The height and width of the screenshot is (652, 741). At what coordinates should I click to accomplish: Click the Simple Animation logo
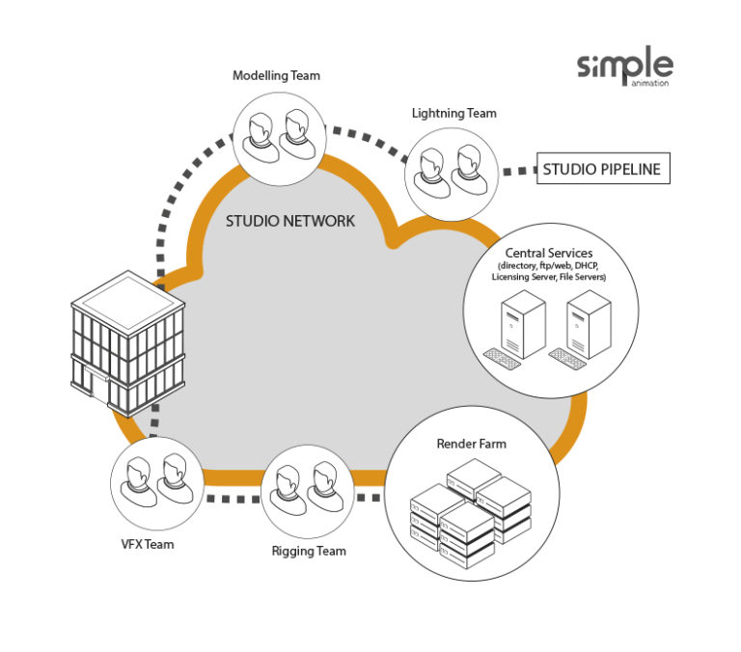pyautogui.click(x=625, y=67)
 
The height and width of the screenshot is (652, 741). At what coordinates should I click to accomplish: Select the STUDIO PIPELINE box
pyautogui.click(x=602, y=170)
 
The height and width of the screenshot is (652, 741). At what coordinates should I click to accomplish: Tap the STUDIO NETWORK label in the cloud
pyautogui.click(x=290, y=221)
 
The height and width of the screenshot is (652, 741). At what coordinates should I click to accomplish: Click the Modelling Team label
pyautogui.click(x=276, y=75)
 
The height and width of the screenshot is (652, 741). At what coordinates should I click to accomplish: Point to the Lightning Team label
pyautogui.click(x=453, y=113)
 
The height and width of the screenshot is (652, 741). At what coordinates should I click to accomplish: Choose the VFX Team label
pyautogui.click(x=149, y=544)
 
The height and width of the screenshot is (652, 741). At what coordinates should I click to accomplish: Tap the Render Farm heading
pyautogui.click(x=471, y=445)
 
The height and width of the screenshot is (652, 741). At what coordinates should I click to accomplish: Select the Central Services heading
pyautogui.click(x=549, y=254)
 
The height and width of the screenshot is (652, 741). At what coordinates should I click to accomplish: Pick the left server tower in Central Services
pyautogui.click(x=522, y=324)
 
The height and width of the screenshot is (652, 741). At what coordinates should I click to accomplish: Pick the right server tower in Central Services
pyautogui.click(x=588, y=324)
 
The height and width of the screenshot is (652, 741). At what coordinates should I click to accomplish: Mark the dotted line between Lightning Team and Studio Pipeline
pyautogui.click(x=520, y=171)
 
